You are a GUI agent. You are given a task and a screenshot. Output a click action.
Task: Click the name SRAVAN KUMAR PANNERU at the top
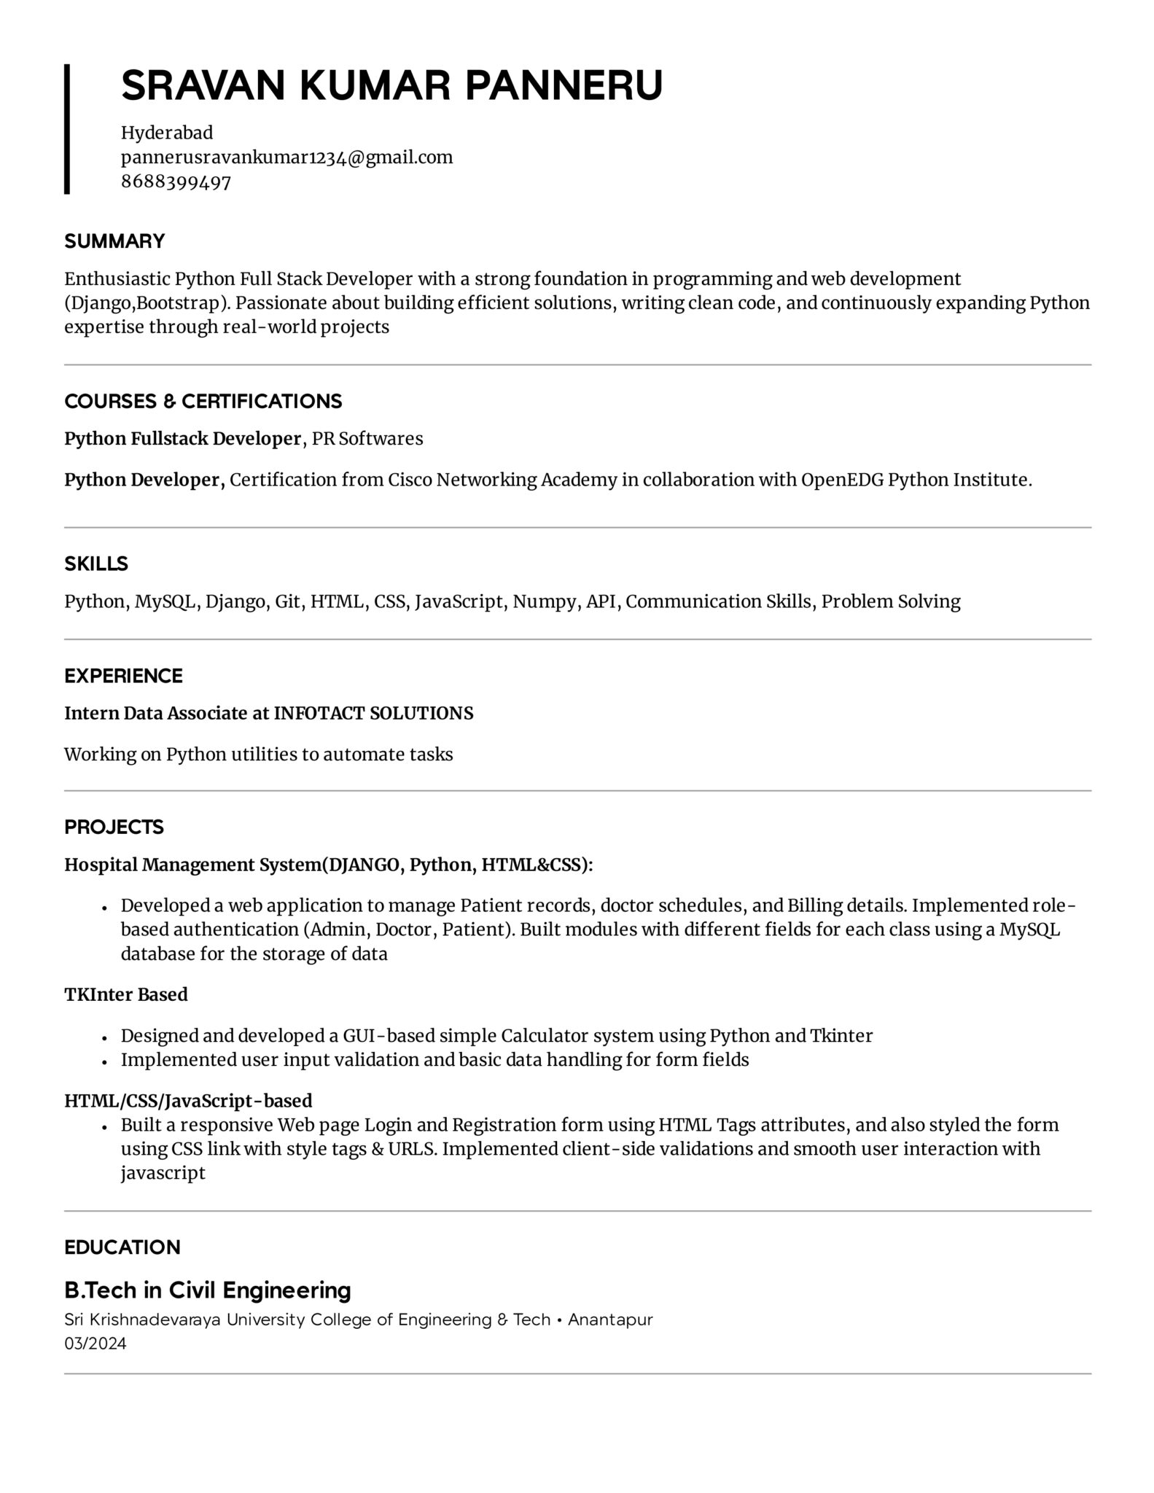pyautogui.click(x=391, y=85)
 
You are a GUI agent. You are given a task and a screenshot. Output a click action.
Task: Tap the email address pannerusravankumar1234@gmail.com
pyautogui.click(x=286, y=157)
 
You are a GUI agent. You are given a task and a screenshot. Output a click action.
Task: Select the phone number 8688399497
pyautogui.click(x=176, y=182)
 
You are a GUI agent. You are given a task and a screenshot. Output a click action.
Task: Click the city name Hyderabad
pyautogui.click(x=167, y=133)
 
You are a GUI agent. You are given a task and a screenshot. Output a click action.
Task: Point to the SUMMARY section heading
pyautogui.click(x=114, y=241)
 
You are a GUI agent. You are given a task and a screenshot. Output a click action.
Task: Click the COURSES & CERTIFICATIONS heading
pyautogui.click(x=203, y=402)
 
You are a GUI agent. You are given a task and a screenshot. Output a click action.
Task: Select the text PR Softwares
pyautogui.click(x=367, y=439)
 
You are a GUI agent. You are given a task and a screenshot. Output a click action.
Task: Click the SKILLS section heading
pyautogui.click(x=95, y=564)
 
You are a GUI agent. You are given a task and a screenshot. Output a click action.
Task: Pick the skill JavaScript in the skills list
pyautogui.click(x=459, y=602)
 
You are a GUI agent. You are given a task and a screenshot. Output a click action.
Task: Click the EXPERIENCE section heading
pyautogui.click(x=123, y=676)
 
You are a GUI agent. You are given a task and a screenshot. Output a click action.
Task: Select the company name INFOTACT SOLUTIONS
pyautogui.click(x=373, y=714)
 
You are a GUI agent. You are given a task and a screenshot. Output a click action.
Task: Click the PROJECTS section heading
pyautogui.click(x=114, y=827)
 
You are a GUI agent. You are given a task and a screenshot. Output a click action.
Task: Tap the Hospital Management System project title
pyautogui.click(x=192, y=865)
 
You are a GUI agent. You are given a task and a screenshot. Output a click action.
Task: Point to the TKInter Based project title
pyautogui.click(x=126, y=995)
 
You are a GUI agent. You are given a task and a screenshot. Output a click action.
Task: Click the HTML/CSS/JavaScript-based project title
pyautogui.click(x=188, y=1101)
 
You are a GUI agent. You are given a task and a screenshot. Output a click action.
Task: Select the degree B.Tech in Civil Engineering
pyautogui.click(x=208, y=1291)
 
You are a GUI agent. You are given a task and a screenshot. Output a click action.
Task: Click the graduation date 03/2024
pyautogui.click(x=95, y=1344)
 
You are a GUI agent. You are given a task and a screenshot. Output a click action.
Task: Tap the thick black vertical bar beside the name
pyautogui.click(x=67, y=128)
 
